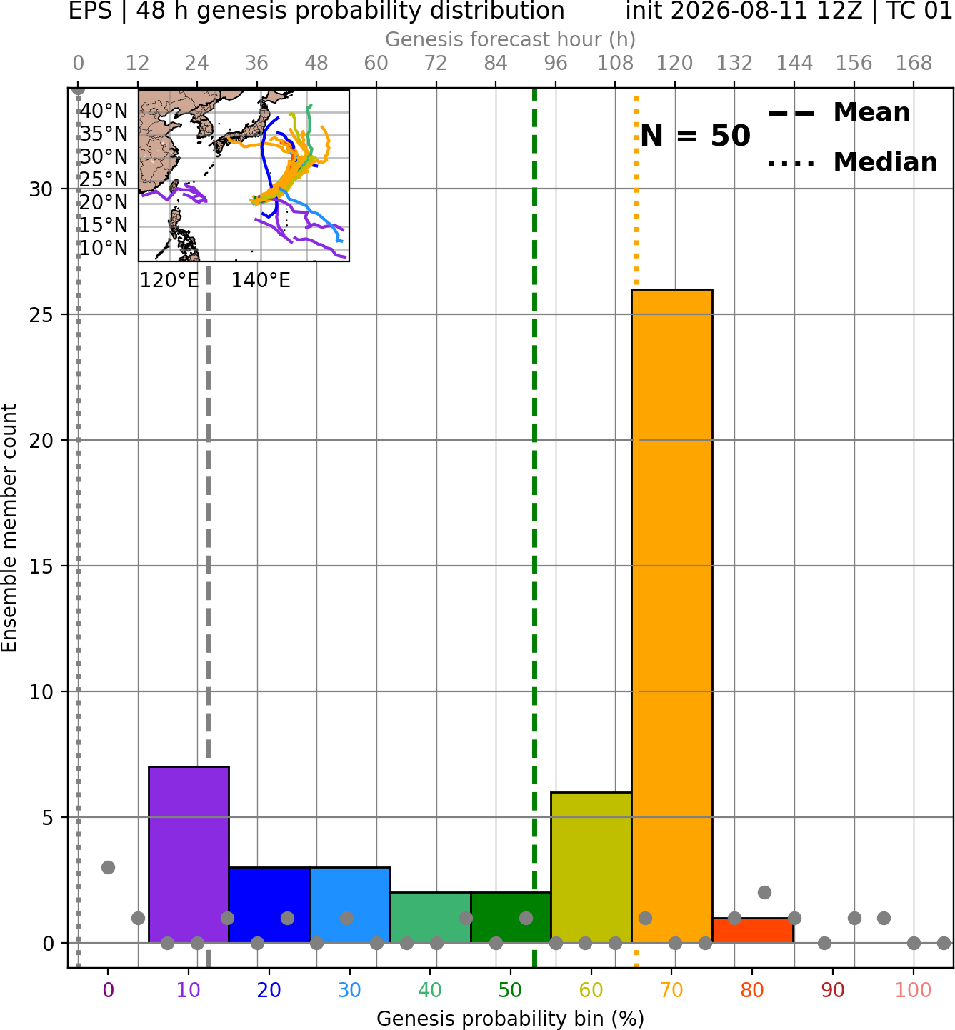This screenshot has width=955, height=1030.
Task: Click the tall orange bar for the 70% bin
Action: pyautogui.click(x=671, y=616)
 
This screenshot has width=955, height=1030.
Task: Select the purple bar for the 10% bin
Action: pyautogui.click(x=189, y=855)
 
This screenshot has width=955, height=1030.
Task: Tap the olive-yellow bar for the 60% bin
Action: pyautogui.click(x=591, y=867)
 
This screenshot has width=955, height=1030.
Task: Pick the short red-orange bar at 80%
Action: pyautogui.click(x=753, y=931)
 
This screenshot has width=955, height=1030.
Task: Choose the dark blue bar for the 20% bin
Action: pyautogui.click(x=269, y=905)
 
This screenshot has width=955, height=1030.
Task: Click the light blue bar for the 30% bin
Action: pyautogui.click(x=350, y=905)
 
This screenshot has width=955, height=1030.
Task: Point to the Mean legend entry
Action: pyautogui.click(x=839, y=113)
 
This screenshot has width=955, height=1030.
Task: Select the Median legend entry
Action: pyautogui.click(x=852, y=162)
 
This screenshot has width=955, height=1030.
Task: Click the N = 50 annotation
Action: pyautogui.click(x=695, y=136)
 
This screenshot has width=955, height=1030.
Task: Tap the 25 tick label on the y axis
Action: pyautogui.click(x=41, y=315)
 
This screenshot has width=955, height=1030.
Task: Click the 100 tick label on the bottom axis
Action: pyautogui.click(x=914, y=990)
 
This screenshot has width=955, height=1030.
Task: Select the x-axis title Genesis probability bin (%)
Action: pyautogui.click(x=511, y=1019)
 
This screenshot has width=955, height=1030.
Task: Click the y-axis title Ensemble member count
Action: pyautogui.click(x=9, y=528)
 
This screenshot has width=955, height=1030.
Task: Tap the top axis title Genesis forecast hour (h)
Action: pyautogui.click(x=511, y=39)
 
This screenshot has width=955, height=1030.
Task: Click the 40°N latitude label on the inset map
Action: pyautogui.click(x=104, y=111)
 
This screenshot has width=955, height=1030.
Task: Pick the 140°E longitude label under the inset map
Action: pyautogui.click(x=261, y=281)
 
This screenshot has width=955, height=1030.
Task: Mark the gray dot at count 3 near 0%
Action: pyautogui.click(x=108, y=867)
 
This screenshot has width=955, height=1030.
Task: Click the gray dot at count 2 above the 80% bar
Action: pyautogui.click(x=764, y=893)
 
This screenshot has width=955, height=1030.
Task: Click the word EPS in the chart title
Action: pyautogui.click(x=90, y=11)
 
